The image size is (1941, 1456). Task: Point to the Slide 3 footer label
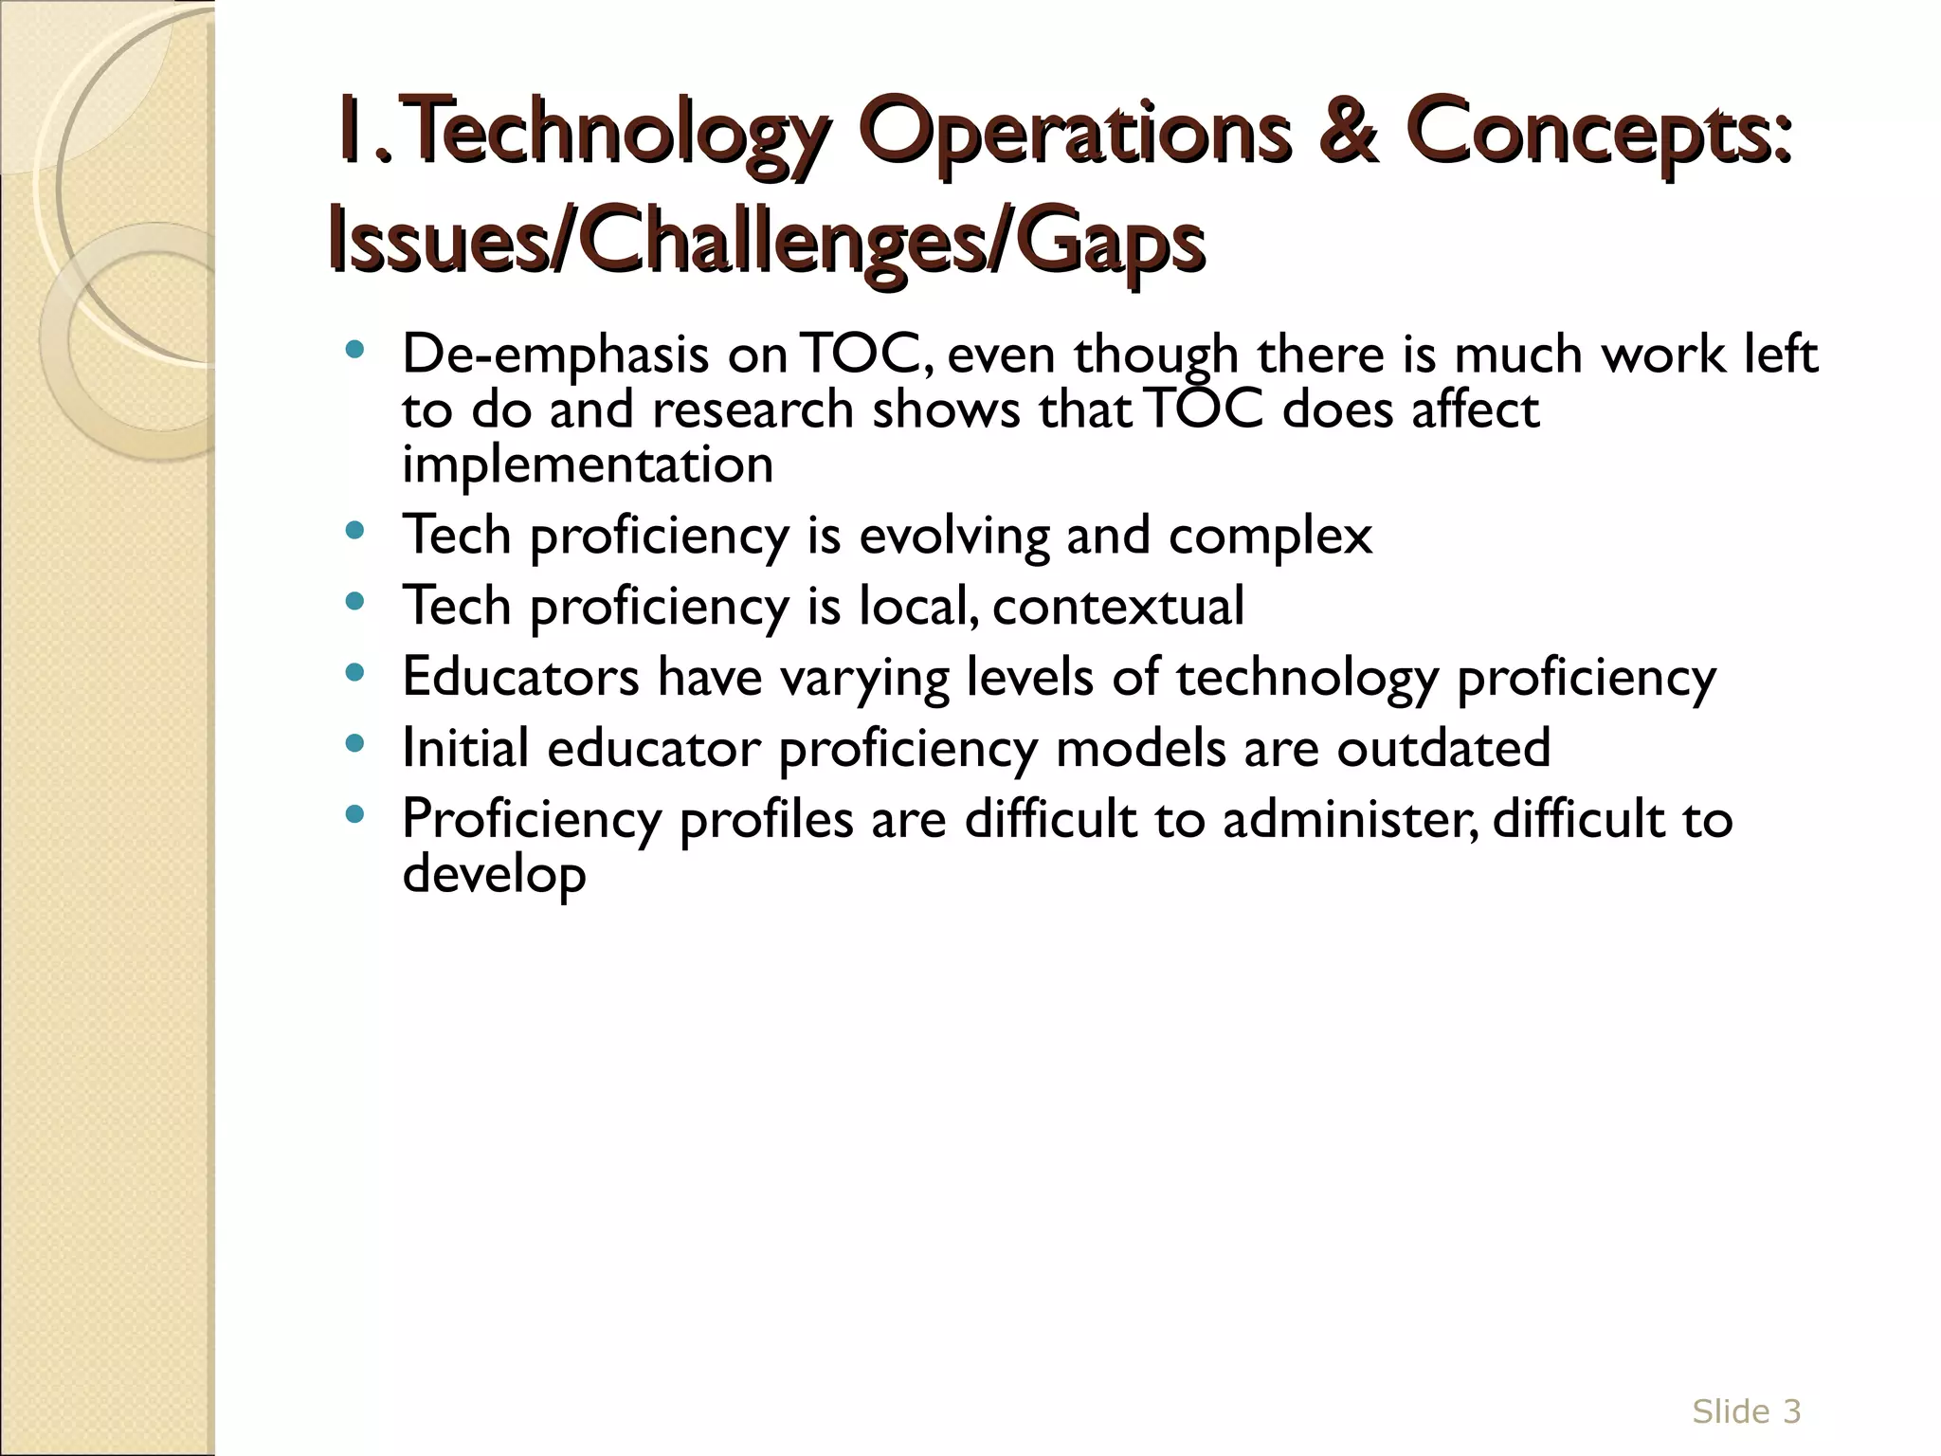[1746, 1411]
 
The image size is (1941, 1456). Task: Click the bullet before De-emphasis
[355, 351]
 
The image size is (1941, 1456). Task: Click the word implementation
[588, 465]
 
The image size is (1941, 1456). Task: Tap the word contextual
[1118, 607]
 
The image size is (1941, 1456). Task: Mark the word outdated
[1443, 748]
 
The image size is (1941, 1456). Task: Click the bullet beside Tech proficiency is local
[355, 603]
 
